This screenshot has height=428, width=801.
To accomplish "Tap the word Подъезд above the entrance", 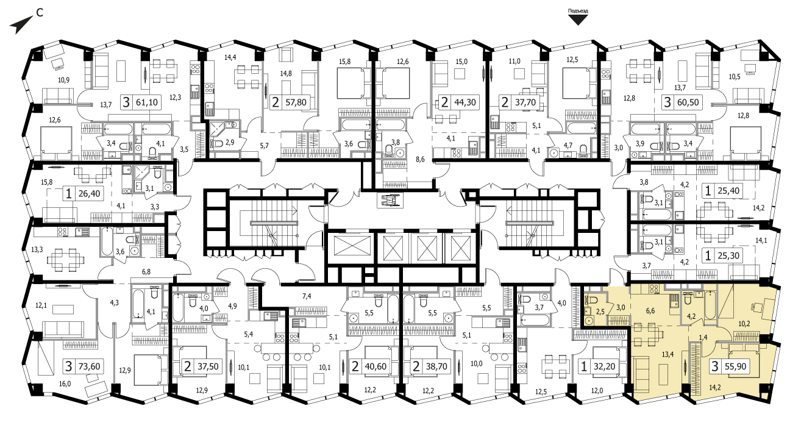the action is [578, 11].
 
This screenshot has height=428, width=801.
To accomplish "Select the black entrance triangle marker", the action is [578, 20].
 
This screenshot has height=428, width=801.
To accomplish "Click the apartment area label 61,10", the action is [147, 103].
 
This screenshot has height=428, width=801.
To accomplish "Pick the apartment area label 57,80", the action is [296, 102].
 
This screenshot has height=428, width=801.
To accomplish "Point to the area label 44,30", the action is [465, 102].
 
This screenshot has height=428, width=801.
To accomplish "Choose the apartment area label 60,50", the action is [688, 102].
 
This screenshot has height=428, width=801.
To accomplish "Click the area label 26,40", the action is [90, 194].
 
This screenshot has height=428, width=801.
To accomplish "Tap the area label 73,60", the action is [90, 366].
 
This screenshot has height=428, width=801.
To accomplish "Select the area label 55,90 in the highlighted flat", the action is [736, 366].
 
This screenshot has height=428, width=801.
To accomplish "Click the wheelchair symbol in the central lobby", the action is [390, 199].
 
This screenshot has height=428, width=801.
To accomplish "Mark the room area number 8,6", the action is [420, 159].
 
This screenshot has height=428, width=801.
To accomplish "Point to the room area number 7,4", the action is [307, 296].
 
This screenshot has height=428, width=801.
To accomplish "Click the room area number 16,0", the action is [65, 384].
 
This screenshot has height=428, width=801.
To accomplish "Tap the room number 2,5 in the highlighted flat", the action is [600, 312].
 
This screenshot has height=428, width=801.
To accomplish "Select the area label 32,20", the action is [604, 366].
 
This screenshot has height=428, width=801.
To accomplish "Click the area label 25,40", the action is [728, 191].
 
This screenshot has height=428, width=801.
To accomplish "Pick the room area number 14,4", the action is [230, 57].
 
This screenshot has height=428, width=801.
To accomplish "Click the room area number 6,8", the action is [146, 272].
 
